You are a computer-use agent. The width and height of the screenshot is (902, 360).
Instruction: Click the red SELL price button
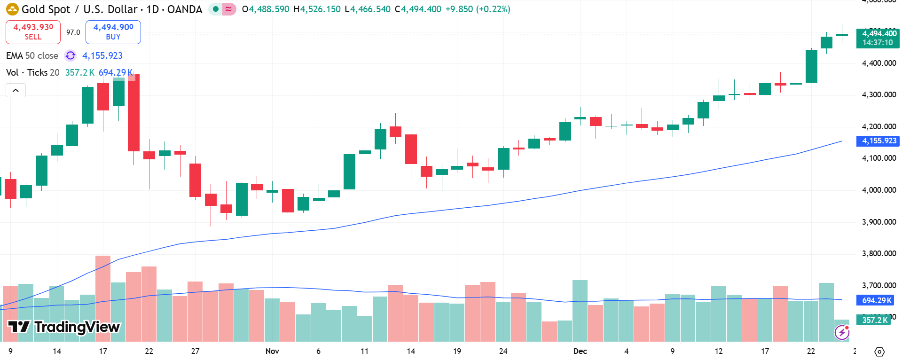33,32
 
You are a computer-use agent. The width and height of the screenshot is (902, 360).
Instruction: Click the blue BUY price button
113,32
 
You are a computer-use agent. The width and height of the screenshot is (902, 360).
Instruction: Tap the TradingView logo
64,327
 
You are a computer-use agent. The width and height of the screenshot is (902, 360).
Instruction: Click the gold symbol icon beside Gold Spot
12,9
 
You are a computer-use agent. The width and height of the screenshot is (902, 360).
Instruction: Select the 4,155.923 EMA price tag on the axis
878,141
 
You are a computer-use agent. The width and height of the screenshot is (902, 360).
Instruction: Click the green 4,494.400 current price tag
878,38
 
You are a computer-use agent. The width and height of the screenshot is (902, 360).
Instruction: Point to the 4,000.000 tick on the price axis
878,190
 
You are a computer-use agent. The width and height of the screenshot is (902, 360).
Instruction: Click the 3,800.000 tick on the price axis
878,253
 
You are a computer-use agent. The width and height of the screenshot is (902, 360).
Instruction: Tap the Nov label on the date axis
272,351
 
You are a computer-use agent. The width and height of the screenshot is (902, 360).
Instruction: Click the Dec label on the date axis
580,351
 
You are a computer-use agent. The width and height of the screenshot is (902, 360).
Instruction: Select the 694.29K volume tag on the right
877,300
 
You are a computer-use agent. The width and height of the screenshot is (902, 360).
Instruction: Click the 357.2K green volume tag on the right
875,320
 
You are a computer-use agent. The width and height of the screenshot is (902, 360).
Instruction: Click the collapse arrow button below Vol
16,90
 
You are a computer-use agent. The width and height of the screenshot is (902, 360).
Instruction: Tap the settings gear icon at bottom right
879,352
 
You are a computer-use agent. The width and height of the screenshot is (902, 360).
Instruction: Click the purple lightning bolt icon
842,333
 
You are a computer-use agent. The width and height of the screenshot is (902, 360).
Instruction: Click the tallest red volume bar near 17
103,298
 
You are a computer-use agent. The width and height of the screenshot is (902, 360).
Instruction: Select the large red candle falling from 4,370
133,113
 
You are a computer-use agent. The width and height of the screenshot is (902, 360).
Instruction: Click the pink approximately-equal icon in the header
229,9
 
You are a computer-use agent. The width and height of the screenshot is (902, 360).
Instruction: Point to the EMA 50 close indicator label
32,55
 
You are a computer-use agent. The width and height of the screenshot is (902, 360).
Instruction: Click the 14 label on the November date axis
411,351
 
